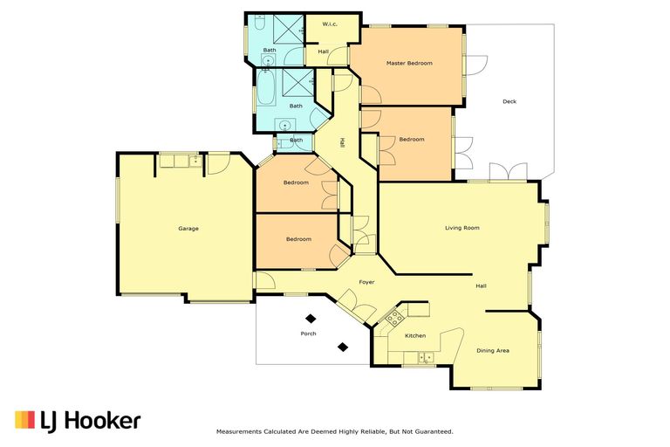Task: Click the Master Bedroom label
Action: pyautogui.click(x=409, y=64)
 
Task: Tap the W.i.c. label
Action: pyautogui.click(x=330, y=24)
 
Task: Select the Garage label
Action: pyautogui.click(x=188, y=229)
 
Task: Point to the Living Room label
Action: pyautogui.click(x=461, y=228)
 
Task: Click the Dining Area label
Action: pyautogui.click(x=493, y=351)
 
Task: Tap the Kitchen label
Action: pyautogui.click(x=415, y=336)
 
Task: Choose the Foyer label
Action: pyautogui.click(x=366, y=282)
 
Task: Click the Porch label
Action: pyautogui.click(x=308, y=334)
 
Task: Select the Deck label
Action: pyautogui.click(x=509, y=102)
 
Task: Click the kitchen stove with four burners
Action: pyautogui.click(x=395, y=318)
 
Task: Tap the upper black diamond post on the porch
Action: pyautogui.click(x=311, y=319)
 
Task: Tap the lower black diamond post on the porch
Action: pyautogui.click(x=343, y=347)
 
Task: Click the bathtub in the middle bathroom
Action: pyautogui.click(x=265, y=87)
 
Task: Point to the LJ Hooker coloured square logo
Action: pyautogui.click(x=24, y=420)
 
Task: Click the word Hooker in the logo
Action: pyautogui.click(x=105, y=421)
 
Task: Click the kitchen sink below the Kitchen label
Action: pyautogui.click(x=425, y=357)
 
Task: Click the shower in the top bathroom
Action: pyautogui.click(x=288, y=29)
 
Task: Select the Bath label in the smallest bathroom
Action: pyautogui.click(x=296, y=141)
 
